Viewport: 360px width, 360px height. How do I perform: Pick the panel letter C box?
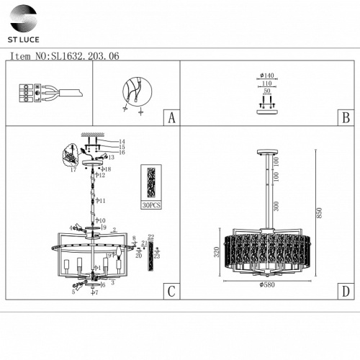[x=170, y=291]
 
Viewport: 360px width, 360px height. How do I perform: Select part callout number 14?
[x=122, y=141]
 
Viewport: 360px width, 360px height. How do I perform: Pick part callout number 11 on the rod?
[x=102, y=201]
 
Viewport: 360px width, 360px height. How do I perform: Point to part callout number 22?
[x=150, y=237]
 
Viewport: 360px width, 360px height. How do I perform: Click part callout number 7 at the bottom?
[x=95, y=294]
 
